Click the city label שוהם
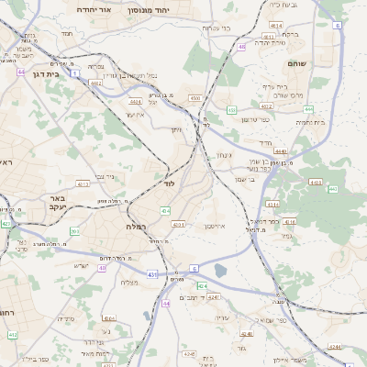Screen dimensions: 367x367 click(321, 63)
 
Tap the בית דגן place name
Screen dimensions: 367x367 click(44, 74)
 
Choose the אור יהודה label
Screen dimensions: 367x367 click(92, 8)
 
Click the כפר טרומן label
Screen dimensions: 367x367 click(255, 119)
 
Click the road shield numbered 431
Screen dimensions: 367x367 click(150, 273)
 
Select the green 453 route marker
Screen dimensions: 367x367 click(332, 189)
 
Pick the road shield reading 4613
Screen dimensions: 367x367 click(83, 183)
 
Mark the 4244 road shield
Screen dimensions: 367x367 click(336, 346)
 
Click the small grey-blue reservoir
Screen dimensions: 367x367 click(221, 271)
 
